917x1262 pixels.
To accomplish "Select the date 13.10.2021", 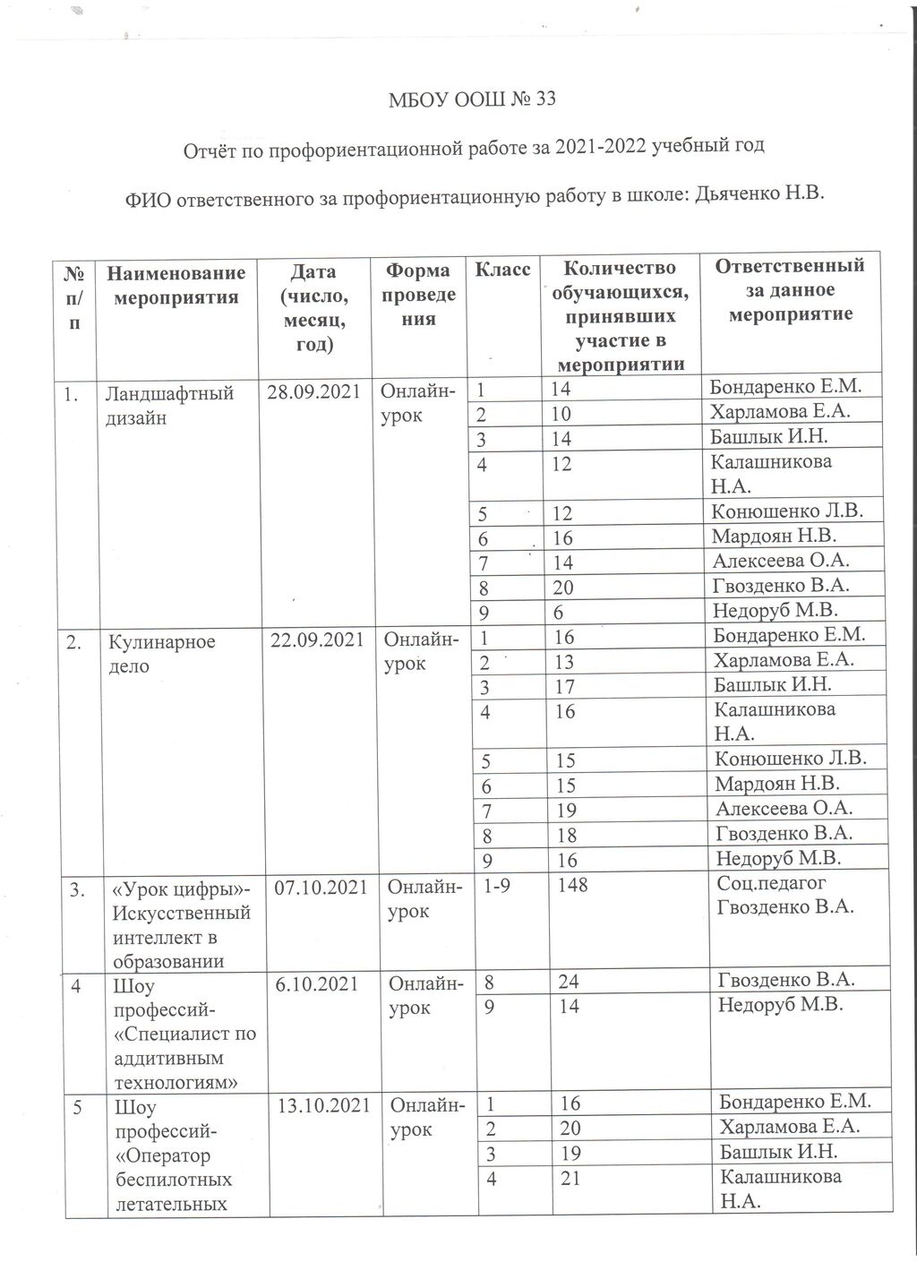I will (324, 1105).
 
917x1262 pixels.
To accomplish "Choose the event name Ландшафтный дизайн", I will (169, 404).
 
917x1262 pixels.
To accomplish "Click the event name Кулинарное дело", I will (162, 653).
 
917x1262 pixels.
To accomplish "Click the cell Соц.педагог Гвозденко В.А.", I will (785, 896).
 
